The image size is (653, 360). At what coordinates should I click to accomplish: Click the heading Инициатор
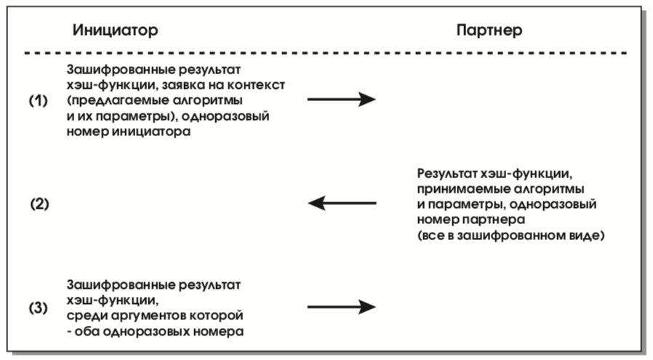[x=116, y=31]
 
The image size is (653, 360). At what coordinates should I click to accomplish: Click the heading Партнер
[x=489, y=31]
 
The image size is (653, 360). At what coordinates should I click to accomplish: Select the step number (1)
[x=39, y=100]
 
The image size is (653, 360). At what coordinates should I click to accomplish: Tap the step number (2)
[x=39, y=204]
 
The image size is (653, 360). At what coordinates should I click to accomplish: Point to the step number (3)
[x=39, y=308]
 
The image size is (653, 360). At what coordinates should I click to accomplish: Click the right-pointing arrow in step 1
[x=342, y=99]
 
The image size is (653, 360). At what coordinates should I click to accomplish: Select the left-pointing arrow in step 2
[x=342, y=203]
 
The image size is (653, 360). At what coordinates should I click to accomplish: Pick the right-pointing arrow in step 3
[x=342, y=307]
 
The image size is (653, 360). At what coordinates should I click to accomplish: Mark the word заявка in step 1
[x=182, y=85]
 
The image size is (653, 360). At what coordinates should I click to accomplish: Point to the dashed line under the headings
[x=326, y=53]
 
